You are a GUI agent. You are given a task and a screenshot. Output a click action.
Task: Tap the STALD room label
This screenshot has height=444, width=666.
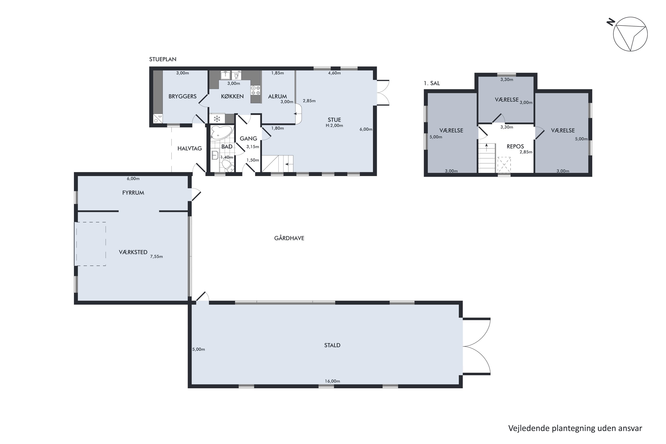332,345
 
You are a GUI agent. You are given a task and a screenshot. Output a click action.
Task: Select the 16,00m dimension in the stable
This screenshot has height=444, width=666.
332,381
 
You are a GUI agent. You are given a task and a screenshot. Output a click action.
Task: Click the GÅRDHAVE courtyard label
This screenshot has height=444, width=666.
289,238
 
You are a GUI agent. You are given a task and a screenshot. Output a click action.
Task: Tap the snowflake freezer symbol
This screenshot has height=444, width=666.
217,118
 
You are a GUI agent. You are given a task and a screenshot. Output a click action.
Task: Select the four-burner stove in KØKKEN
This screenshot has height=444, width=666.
256,90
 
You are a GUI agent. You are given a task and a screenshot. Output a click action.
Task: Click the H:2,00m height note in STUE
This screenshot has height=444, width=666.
334,125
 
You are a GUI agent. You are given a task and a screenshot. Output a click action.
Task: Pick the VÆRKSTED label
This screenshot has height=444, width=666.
133,252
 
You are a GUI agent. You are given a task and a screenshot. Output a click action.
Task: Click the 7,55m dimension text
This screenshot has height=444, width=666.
156,257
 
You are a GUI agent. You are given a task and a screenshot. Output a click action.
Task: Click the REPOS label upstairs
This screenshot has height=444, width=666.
515,146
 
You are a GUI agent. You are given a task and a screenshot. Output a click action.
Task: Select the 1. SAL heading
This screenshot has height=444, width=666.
432,83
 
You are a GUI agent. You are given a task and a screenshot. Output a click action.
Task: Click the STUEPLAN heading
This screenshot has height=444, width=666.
163,59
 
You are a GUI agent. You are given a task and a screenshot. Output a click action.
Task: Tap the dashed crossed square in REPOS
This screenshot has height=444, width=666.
504,165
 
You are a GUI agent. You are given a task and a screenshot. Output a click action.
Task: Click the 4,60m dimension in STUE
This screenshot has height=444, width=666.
334,73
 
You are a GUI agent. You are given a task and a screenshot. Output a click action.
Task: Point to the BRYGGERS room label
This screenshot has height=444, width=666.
182,96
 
